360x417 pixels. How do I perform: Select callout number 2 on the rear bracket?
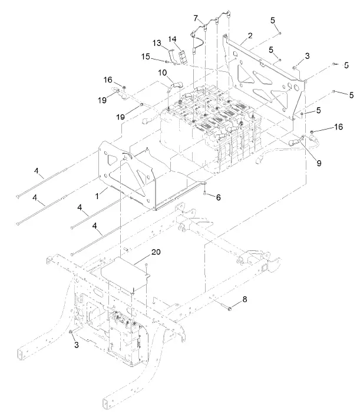pyautogui.click(x=250, y=36)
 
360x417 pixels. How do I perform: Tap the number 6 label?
pyautogui.click(x=218, y=197)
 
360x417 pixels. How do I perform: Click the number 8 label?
pyautogui.click(x=245, y=300)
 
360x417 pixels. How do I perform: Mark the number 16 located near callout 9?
pyautogui.click(x=338, y=127)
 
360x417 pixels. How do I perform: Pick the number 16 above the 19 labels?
pyautogui.click(x=108, y=79)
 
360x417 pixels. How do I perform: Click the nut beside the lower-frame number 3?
pyautogui.click(x=71, y=333)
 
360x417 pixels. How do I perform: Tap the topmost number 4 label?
pyautogui.click(x=38, y=172)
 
